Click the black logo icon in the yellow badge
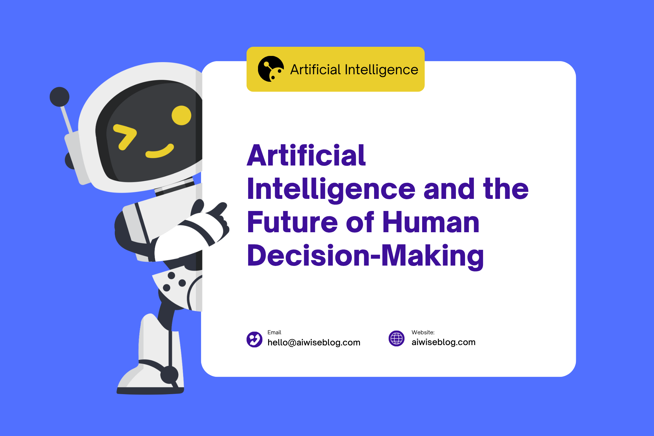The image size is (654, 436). coord(271,69)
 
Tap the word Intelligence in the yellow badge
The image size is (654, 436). coord(381,70)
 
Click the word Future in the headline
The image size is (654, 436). coord(292,222)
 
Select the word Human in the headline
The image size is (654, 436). coord(431,222)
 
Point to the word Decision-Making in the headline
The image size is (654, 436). coord(366,256)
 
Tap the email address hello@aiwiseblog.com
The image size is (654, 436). coord(314,342)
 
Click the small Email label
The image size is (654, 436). coord(274,332)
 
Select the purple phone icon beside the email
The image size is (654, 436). coord(254,339)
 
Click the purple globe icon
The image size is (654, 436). coord(397,338)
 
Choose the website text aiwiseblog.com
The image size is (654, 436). coord(443,342)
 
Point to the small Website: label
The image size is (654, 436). coord(423,332)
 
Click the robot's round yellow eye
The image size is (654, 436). coord(181,115)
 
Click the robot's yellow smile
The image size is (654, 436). coord(160,151)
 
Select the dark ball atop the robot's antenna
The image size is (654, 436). coord(60,97)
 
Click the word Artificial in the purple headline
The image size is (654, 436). coord(306,155)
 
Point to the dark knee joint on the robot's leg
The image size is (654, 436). coord(169,375)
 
